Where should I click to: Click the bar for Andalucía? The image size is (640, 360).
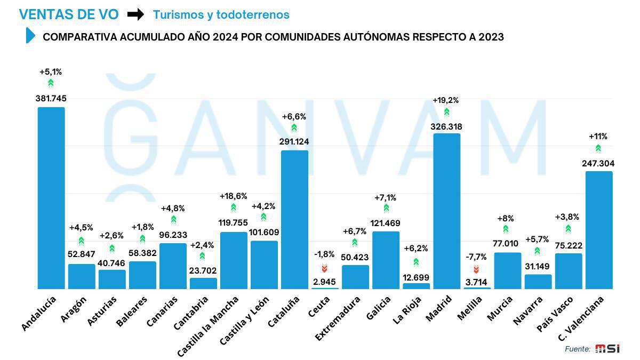point(51,198)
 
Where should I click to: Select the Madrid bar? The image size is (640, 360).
point(446,211)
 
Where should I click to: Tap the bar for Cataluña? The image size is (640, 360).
point(294,219)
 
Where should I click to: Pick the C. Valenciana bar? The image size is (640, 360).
point(598,230)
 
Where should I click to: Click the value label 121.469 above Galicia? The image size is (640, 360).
point(386,223)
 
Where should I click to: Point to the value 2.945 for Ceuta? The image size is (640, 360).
point(325,281)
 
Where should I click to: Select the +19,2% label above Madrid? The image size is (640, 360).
point(445,100)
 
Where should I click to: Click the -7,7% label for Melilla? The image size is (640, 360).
point(476,257)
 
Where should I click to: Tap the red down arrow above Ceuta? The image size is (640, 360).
point(324,268)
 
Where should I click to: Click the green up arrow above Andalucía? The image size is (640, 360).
point(51,83)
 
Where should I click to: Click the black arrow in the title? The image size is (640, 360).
point(135,14)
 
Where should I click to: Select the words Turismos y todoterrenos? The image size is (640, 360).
point(221,15)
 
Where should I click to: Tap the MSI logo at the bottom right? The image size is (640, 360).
point(607,348)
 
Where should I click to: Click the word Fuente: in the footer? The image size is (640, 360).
point(578,349)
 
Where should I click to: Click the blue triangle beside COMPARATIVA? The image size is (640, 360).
point(30,36)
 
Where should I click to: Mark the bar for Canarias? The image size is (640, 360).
point(173,266)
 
